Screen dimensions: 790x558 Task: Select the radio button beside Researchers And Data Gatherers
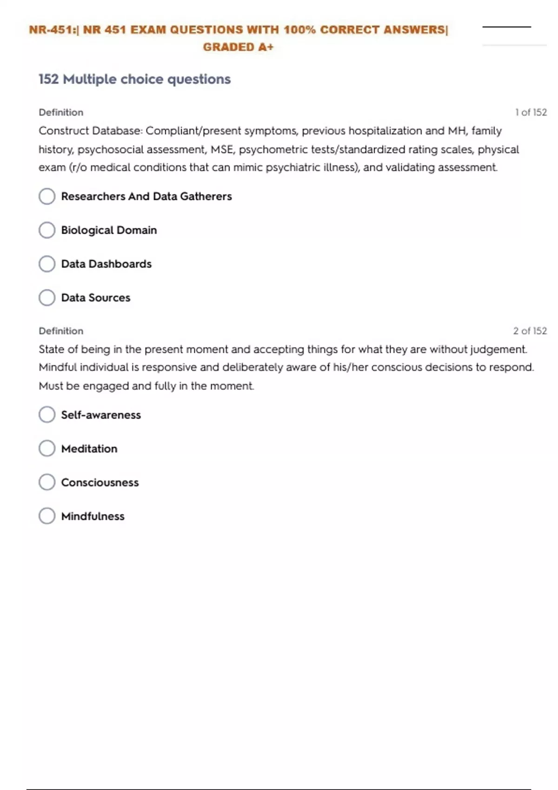pos(47,196)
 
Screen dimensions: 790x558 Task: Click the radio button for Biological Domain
pos(47,230)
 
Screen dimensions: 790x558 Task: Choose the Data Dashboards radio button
pos(47,264)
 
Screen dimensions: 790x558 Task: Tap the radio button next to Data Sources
pos(47,297)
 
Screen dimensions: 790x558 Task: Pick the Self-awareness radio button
pos(47,415)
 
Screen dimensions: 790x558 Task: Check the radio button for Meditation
pos(47,448)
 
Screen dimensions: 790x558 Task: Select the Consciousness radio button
pos(47,482)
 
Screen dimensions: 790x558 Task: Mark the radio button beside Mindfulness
pos(47,516)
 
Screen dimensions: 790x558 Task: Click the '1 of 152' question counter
pos(531,112)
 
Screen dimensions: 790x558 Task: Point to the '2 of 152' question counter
pos(530,331)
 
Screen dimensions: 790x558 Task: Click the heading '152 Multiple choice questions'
pos(134,79)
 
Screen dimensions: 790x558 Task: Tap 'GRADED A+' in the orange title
pos(238,47)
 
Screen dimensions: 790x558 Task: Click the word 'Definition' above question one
pos(61,112)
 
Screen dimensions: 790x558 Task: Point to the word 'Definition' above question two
pos(61,331)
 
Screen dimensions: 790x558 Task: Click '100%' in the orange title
pos(299,30)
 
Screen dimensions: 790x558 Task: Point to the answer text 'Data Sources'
pos(96,298)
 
